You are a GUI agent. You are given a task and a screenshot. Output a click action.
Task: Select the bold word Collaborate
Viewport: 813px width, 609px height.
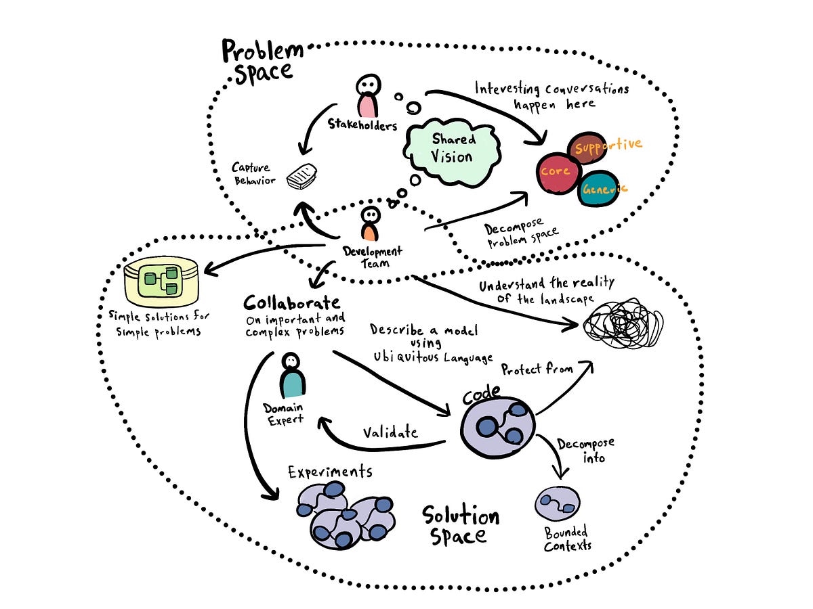[x=292, y=302]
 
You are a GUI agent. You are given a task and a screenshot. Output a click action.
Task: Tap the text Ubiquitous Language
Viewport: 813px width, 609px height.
[x=432, y=355]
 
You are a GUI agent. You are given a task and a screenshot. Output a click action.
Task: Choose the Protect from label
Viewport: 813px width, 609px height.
[x=537, y=369]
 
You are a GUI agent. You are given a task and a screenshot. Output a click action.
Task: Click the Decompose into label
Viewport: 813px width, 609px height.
[x=585, y=451]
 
